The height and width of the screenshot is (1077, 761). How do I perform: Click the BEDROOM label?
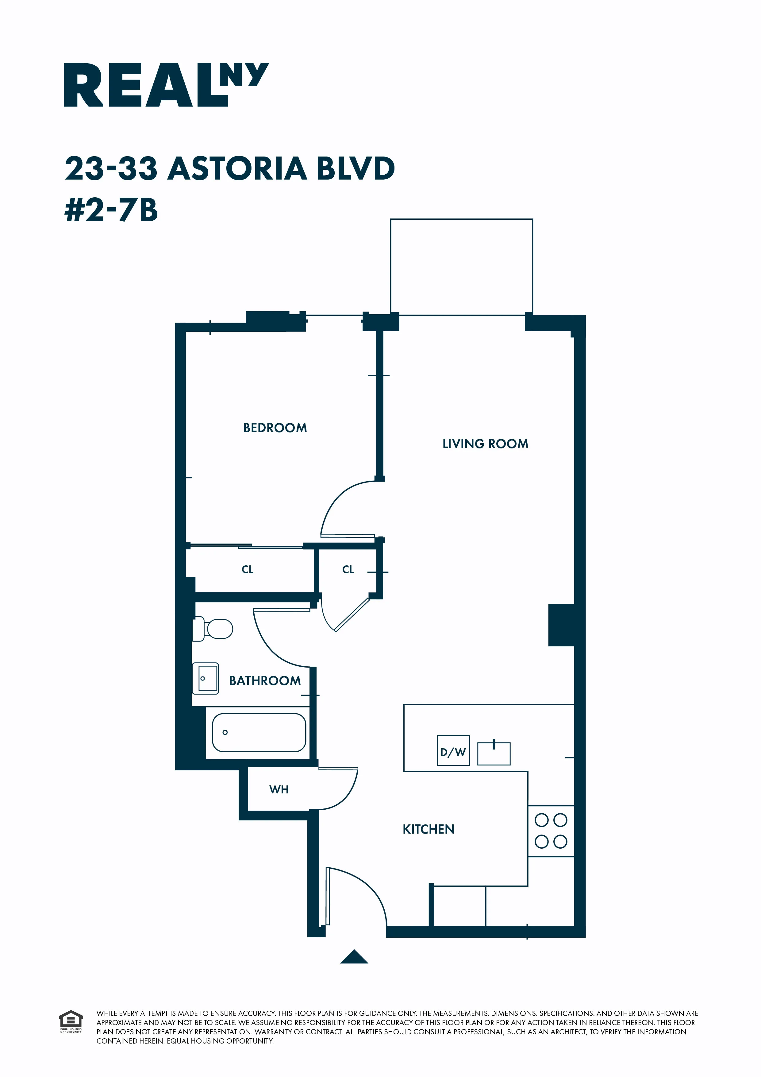[x=275, y=428]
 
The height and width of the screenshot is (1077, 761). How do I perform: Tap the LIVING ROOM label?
[x=485, y=444]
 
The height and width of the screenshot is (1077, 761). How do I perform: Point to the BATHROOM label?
[x=265, y=681]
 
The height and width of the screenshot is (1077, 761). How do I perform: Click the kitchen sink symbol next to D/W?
[x=494, y=753]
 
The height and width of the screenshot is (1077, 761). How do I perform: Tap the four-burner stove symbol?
[x=551, y=831]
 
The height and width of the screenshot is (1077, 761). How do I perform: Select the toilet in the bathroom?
[x=213, y=629]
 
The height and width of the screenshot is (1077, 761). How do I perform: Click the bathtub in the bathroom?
[x=259, y=733]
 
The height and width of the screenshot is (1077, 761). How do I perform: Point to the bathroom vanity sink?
[x=206, y=678]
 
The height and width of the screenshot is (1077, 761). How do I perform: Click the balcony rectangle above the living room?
[x=461, y=266]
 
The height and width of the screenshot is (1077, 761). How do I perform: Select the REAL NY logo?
[x=166, y=85]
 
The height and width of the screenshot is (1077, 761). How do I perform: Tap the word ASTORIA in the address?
[x=237, y=169]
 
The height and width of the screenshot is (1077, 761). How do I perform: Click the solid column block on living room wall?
[x=562, y=625]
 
